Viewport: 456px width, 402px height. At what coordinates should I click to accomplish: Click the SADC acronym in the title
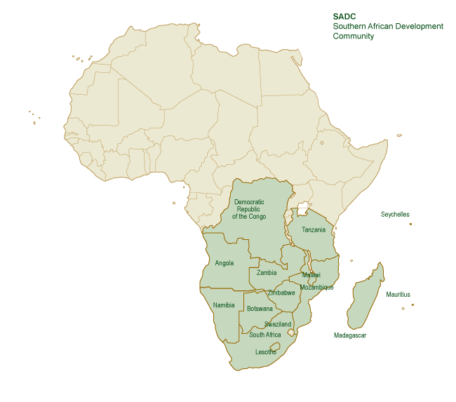pos(344,16)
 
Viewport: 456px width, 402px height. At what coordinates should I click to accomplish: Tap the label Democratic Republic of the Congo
pos(249,209)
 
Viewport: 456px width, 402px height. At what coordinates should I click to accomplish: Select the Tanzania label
pos(313,230)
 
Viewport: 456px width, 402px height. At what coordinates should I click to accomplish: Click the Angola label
pos(224,264)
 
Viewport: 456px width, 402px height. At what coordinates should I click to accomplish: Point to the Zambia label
pos(267,273)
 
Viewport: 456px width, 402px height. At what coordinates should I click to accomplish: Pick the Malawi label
pos(311,275)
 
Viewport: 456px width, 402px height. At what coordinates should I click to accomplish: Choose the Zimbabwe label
pos(281,293)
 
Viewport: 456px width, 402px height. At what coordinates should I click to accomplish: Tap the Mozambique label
pos(316,287)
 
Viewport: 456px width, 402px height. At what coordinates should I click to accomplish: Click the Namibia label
pos(223,305)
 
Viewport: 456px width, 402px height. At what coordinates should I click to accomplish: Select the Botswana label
pos(260,309)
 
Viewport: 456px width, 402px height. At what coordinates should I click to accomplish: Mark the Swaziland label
pos(277,324)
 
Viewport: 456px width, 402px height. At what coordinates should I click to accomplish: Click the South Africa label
pos(264,335)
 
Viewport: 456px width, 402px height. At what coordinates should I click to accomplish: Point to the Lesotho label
pos(265,351)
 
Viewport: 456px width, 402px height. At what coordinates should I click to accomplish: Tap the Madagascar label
pos(349,335)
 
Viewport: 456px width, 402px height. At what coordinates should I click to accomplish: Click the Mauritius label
pos(398,294)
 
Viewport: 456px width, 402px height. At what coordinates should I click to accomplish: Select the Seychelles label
pos(395,214)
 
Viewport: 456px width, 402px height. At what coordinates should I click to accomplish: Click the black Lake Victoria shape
pos(304,208)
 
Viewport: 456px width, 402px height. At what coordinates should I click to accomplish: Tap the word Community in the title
pos(354,36)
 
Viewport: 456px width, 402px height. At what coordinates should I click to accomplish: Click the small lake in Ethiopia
pos(322,143)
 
